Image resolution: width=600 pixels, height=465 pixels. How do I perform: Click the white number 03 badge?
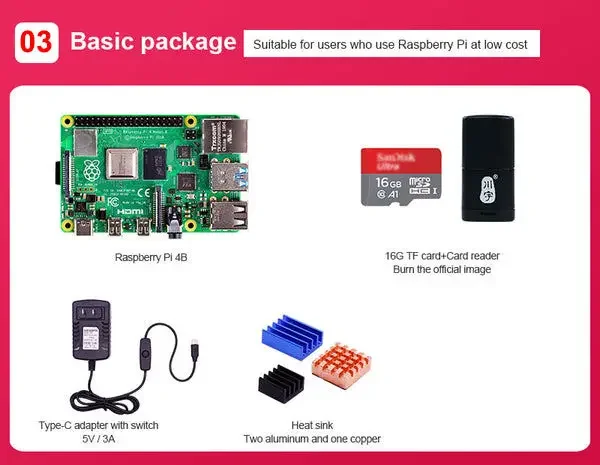tap(35, 42)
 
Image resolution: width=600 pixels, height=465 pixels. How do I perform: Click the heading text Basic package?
tap(153, 43)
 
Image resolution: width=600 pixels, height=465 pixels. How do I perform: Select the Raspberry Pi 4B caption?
tap(152, 257)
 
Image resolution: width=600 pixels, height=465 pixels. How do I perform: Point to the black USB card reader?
tap(490, 167)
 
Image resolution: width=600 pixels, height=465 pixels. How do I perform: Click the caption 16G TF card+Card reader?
tap(442, 254)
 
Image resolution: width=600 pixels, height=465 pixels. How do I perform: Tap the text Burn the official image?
tap(442, 269)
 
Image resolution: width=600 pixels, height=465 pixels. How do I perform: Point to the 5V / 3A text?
tap(97, 439)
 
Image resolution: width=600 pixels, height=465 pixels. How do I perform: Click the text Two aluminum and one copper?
tap(312, 439)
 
